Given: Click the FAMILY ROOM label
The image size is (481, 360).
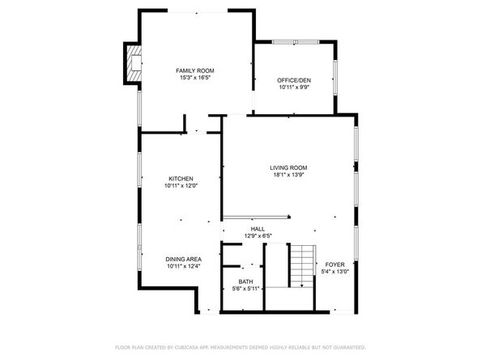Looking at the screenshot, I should click(194, 71).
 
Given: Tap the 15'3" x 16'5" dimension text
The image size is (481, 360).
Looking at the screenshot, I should click(194, 78).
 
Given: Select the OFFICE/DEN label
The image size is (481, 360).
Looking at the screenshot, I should click(294, 80).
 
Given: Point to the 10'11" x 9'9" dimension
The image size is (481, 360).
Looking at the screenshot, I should click(294, 87).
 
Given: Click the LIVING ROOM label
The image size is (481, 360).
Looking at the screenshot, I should click(288, 167).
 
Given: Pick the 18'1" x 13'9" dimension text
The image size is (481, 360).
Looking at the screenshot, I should click(288, 175).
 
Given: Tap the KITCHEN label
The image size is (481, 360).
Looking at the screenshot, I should click(181, 179).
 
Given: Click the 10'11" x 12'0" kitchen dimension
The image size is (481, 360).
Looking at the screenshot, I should click(181, 186).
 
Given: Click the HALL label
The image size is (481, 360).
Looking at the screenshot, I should click(258, 229).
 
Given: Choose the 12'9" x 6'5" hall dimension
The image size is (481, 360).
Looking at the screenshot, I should click(258, 236).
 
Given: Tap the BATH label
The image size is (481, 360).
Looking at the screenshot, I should click(245, 282).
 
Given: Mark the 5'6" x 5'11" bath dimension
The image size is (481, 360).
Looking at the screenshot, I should click(245, 289).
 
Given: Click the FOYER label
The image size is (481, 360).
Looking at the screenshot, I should click(334, 265).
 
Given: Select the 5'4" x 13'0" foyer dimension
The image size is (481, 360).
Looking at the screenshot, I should click(334, 272).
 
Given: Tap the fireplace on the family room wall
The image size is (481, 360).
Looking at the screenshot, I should click(133, 63).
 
